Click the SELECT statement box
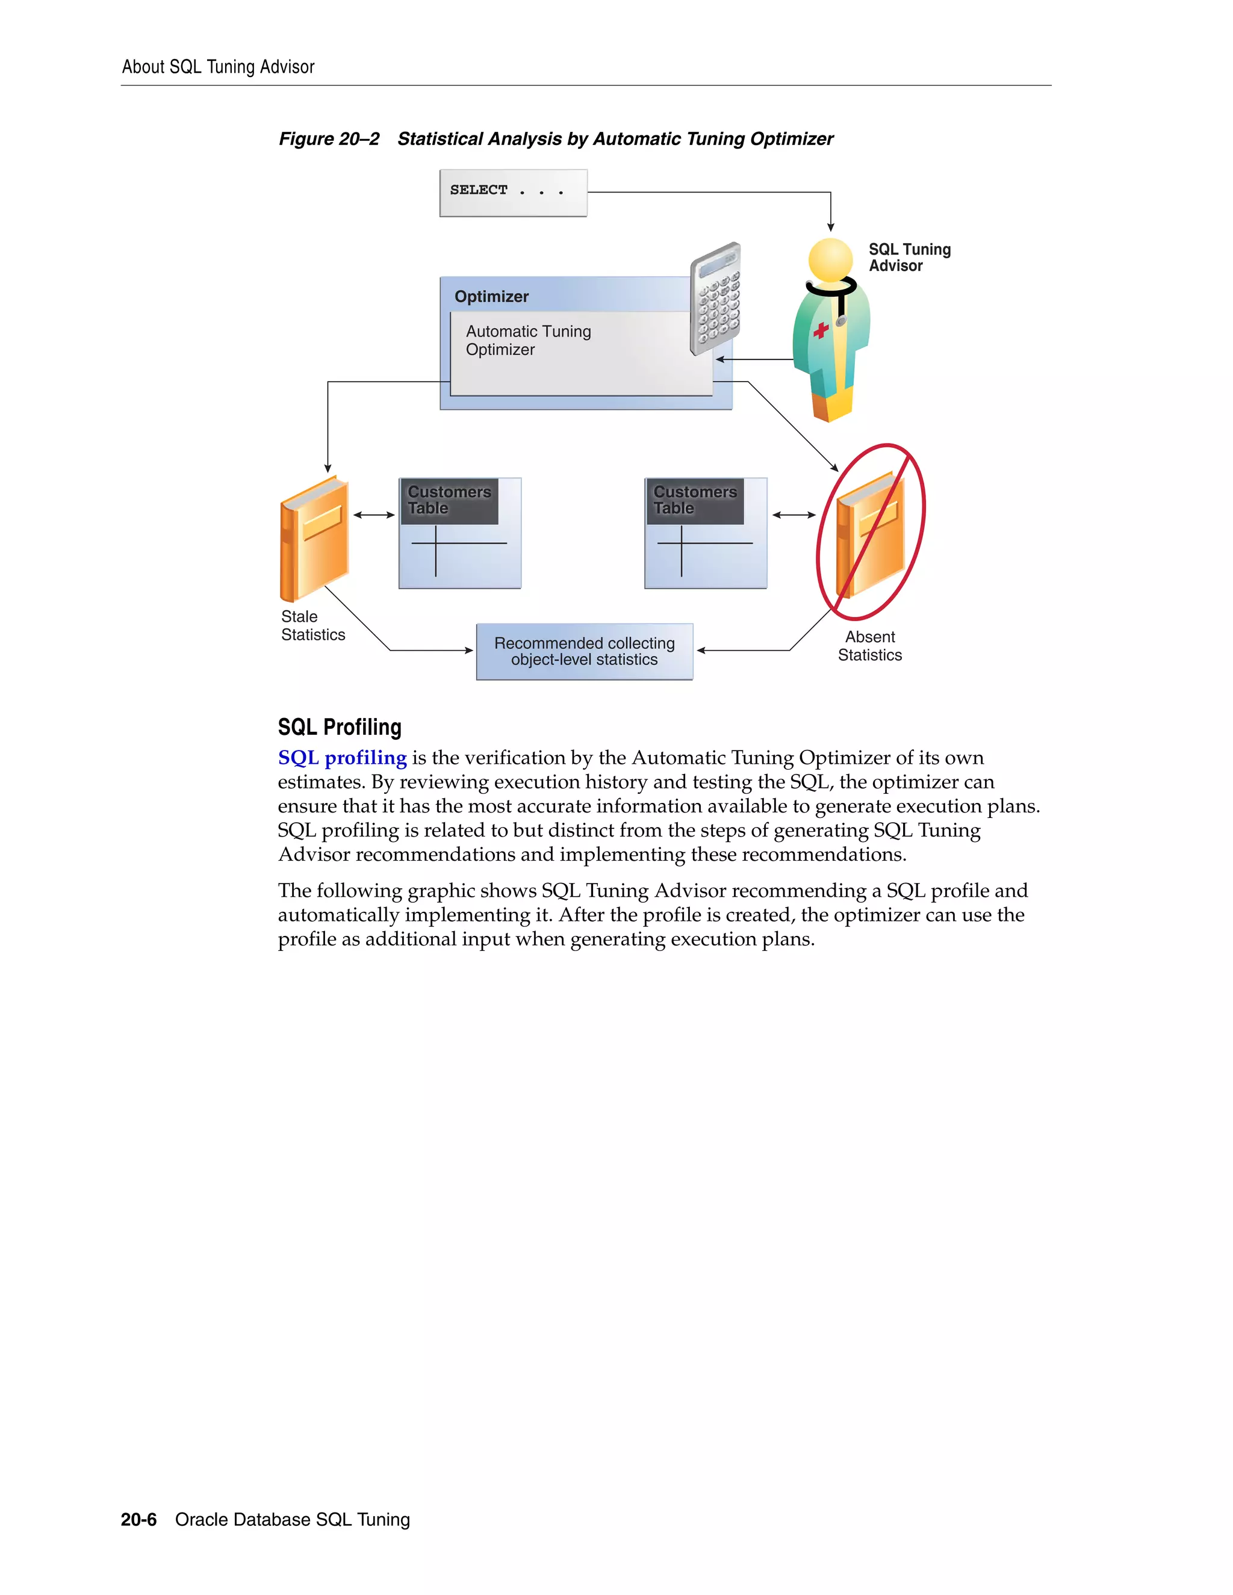tap(513, 193)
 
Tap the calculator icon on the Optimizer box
tap(715, 299)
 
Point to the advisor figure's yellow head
tap(830, 259)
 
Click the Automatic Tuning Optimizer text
tap(528, 340)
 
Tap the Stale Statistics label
tap(312, 626)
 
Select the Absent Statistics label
tap(869, 646)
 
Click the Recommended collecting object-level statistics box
tap(585, 651)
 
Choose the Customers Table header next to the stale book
tap(449, 500)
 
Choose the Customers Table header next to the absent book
tap(695, 500)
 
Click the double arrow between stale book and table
tap(374, 515)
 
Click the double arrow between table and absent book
tap(794, 515)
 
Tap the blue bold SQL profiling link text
tap(342, 758)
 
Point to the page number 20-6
tap(139, 1520)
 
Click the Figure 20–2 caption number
tap(329, 139)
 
